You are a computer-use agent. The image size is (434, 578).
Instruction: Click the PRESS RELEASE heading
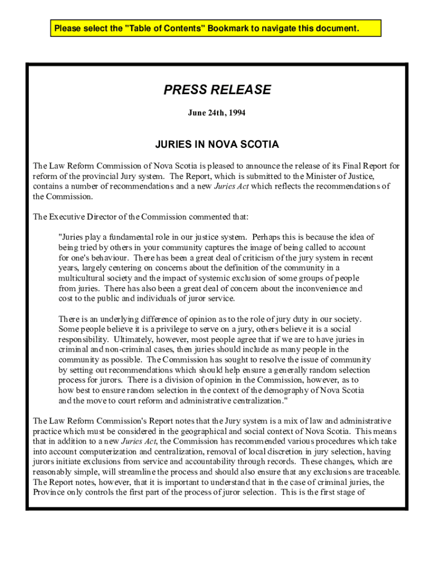click(x=217, y=90)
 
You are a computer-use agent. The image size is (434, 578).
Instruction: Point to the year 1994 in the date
click(x=236, y=113)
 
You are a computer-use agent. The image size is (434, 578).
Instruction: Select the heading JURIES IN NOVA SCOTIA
click(x=217, y=144)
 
